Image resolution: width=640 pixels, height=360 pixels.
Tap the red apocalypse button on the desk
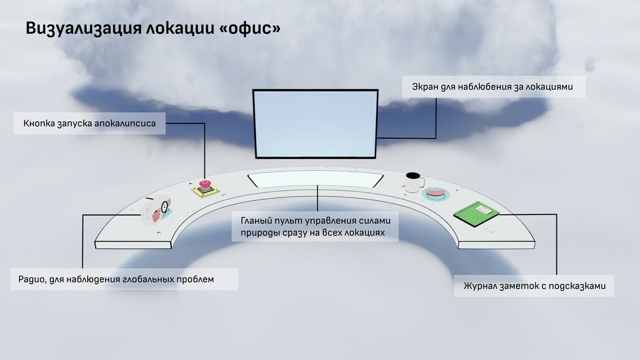[x=205, y=184]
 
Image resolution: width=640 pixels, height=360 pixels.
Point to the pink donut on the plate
[x=436, y=193]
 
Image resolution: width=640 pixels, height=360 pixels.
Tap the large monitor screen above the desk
[x=315, y=123]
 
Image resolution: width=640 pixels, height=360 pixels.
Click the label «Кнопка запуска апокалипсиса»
[x=89, y=123]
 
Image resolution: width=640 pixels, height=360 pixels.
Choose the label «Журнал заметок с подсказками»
[x=534, y=286]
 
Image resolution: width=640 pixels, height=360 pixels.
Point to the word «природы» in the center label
[x=258, y=233]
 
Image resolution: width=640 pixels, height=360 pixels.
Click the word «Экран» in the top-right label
[x=424, y=87]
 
